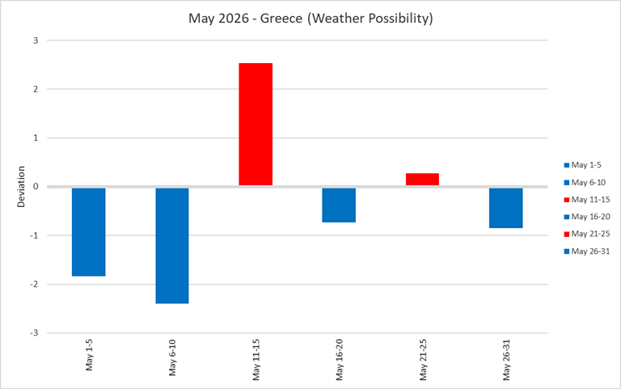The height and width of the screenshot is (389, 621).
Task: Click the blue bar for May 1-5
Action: coord(88,231)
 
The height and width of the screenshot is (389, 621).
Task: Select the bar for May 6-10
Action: coord(172,245)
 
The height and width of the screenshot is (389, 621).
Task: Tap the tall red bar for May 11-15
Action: coord(256,125)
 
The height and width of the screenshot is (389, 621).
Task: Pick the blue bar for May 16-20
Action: coord(339,205)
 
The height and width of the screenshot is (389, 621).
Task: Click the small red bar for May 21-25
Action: coord(422,180)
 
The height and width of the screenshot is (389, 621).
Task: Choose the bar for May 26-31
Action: coord(505,208)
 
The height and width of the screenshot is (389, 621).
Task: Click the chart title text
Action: coord(311,19)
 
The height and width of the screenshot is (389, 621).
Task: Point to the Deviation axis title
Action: coord(23,187)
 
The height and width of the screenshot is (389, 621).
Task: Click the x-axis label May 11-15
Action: coord(256,361)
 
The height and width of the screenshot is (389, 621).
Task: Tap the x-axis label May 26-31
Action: coord(506,361)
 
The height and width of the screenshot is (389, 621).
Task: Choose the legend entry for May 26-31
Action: coord(590,251)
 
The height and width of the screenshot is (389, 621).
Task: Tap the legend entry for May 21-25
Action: coord(590,233)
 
